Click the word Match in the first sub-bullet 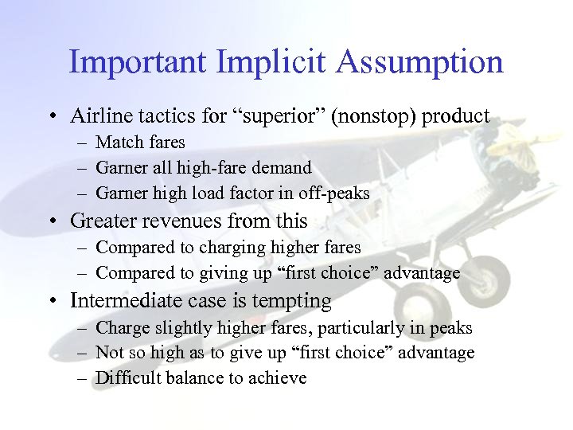click(117, 143)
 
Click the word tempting click(296, 301)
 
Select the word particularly click(371, 328)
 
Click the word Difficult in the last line click(127, 377)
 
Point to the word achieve click(278, 377)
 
